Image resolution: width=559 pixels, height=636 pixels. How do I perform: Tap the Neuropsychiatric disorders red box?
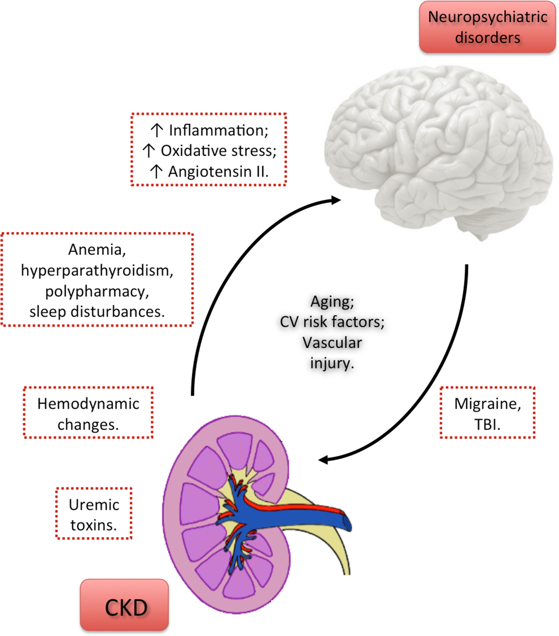[x=487, y=27]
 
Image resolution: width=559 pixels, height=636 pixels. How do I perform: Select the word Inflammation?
[x=218, y=130]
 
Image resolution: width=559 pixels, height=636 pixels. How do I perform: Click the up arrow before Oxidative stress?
[x=149, y=151]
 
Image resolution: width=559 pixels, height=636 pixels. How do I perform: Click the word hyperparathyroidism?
[x=97, y=271]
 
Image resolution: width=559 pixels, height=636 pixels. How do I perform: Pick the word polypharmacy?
[x=97, y=292]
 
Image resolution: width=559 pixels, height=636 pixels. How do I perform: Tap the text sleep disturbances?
[x=97, y=312]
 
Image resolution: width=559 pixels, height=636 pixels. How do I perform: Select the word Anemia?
[x=97, y=249]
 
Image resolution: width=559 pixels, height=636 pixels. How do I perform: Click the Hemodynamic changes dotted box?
[x=88, y=413]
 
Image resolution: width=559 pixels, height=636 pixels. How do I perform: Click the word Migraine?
[x=487, y=404]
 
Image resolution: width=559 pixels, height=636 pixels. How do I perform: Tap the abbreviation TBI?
[x=487, y=424]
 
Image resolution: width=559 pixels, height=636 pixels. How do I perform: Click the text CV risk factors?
[x=332, y=322]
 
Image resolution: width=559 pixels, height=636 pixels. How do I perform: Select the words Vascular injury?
[x=332, y=353]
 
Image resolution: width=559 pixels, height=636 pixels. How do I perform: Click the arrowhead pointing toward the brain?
[x=336, y=200]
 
